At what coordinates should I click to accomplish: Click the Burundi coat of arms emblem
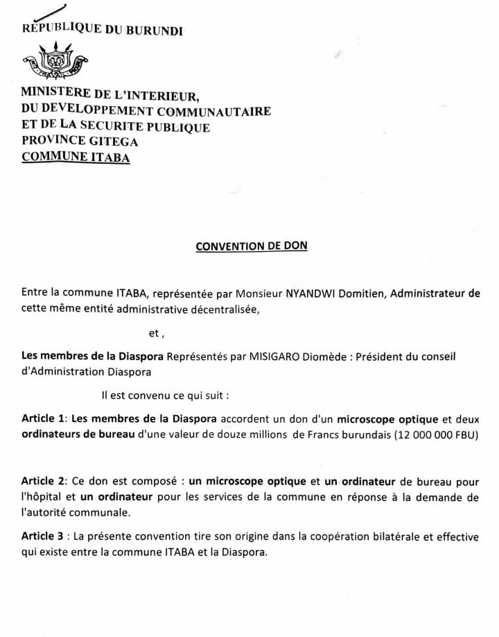coord(55,61)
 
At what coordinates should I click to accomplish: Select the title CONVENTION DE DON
coord(251,246)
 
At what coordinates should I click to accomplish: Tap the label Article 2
coord(43,481)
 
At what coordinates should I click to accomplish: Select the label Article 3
coord(44,537)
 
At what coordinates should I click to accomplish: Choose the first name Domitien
coord(362,294)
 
